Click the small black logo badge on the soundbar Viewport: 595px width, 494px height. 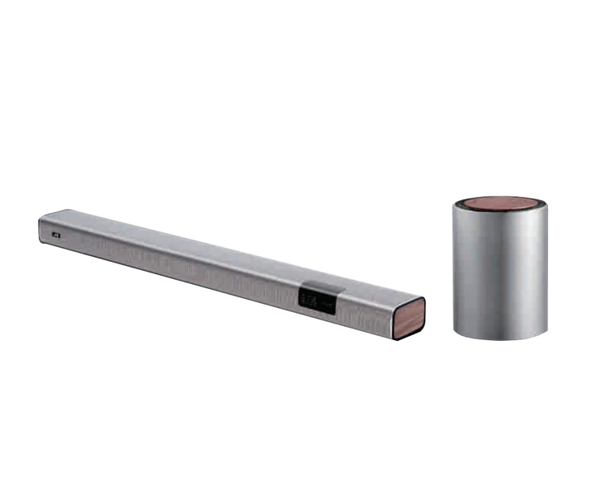[x=55, y=234]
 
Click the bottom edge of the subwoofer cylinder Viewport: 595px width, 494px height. [x=500, y=338]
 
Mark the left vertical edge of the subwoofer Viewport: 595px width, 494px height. [x=454, y=272]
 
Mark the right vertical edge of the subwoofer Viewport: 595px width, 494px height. [x=546, y=272]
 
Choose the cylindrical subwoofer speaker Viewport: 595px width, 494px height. [x=499, y=268]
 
